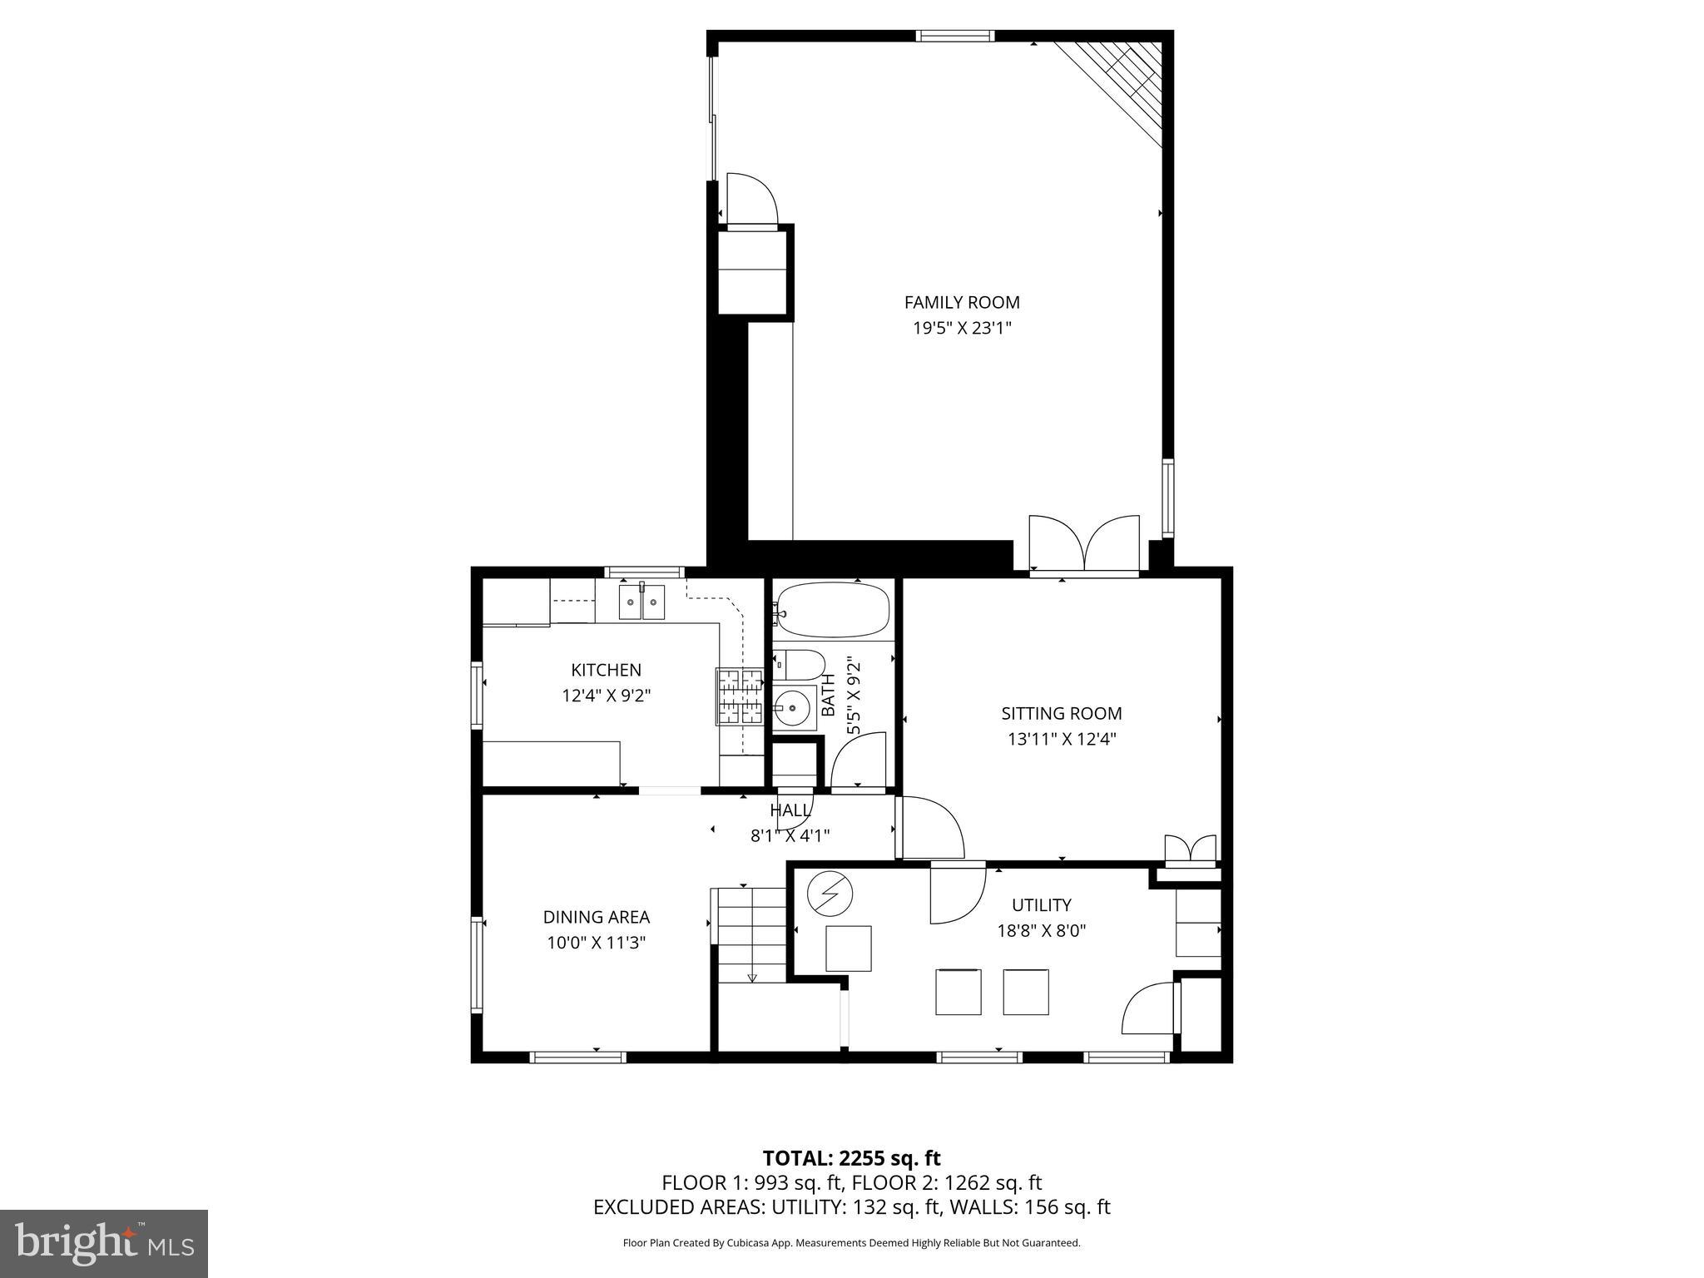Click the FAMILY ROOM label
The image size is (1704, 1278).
click(962, 302)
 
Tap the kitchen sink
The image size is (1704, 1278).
click(641, 602)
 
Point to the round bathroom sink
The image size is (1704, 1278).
click(791, 709)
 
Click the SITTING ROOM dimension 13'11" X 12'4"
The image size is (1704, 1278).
click(1062, 739)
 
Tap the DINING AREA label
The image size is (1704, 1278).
click(596, 917)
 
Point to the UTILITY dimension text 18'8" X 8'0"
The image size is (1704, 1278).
click(1041, 930)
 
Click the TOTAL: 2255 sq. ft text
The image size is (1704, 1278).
click(851, 1158)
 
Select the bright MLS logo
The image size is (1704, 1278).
click(104, 1243)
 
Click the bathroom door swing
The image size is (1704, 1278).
click(860, 760)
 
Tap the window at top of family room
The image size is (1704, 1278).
click(955, 36)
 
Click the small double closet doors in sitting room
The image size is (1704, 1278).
click(1190, 850)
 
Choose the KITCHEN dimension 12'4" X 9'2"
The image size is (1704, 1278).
click(606, 696)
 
